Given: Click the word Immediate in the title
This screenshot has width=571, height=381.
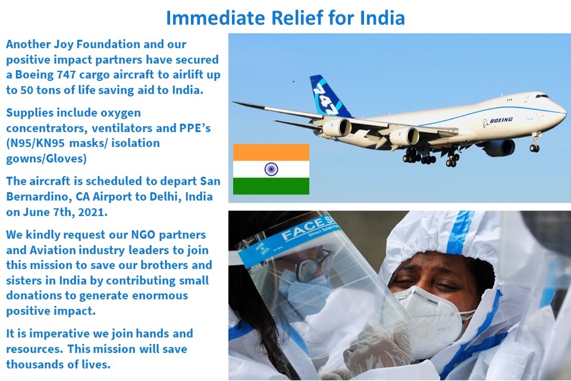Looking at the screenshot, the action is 217,18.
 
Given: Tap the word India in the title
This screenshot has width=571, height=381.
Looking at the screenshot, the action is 382,18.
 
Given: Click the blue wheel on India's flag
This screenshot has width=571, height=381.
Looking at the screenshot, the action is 271,169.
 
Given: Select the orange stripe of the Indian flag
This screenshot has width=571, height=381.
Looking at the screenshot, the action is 271,152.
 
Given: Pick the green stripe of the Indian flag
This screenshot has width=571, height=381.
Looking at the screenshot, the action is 271,186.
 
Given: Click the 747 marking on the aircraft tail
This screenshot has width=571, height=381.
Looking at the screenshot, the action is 322,98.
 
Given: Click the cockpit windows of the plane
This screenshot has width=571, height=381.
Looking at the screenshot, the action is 542,96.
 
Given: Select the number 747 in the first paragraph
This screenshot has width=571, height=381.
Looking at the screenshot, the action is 66,75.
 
